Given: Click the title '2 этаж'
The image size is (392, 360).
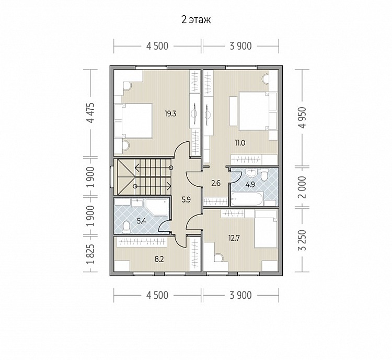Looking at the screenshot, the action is pyautogui.click(x=196, y=19).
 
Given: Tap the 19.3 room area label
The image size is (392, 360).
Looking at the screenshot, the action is pyautogui.click(x=170, y=114).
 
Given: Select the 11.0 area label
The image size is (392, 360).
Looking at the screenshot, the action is pyautogui.click(x=240, y=143).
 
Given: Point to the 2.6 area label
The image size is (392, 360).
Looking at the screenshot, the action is pyautogui.click(x=216, y=183).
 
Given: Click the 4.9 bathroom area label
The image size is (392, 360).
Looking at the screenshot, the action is pyautogui.click(x=250, y=185).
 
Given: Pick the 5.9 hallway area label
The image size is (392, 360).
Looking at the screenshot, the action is pyautogui.click(x=186, y=200).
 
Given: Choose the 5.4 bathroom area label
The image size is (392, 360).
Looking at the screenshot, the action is pyautogui.click(x=142, y=221).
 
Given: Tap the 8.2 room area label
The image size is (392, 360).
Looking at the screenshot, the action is pyautogui.click(x=159, y=260).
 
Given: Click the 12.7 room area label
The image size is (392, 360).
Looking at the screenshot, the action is pyautogui.click(x=234, y=238).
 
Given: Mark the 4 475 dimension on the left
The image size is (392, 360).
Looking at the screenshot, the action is pyautogui.click(x=92, y=113).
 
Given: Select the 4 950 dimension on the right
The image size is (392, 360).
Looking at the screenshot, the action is pyautogui.click(x=303, y=118).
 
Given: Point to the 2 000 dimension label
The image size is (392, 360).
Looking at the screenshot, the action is pyautogui.click(x=303, y=187).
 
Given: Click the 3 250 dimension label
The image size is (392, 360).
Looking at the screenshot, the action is pyautogui.click(x=303, y=240).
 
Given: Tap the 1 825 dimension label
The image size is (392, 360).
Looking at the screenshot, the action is pyautogui.click(x=92, y=254).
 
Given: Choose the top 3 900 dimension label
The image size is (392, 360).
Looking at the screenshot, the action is pyautogui.click(x=240, y=46).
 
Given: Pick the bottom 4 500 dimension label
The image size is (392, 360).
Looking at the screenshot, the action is pyautogui.click(x=157, y=296).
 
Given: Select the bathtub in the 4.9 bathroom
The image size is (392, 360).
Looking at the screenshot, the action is pyautogui.click(x=247, y=199).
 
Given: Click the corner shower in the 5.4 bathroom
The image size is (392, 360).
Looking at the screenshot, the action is pyautogui.click(x=157, y=207).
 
